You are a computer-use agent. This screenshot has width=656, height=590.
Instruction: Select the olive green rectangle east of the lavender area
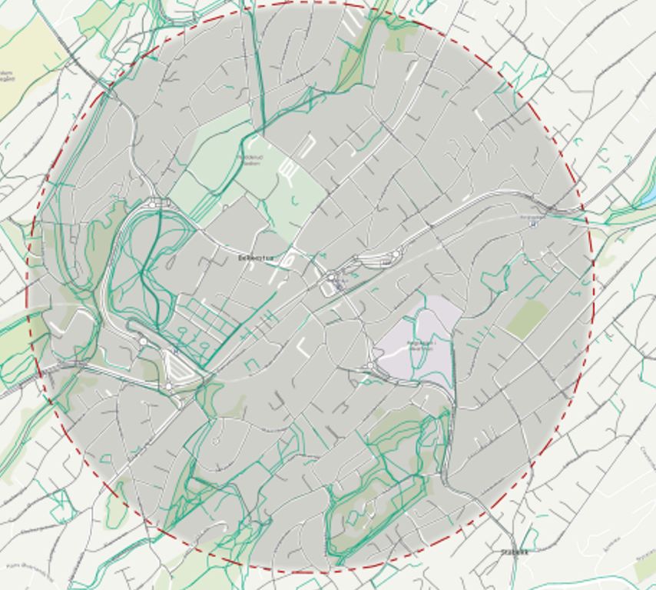tap(527, 318)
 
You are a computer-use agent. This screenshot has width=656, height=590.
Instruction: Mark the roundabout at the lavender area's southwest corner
tap(371, 366)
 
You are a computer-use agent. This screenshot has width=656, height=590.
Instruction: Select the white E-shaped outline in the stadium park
tap(288, 172)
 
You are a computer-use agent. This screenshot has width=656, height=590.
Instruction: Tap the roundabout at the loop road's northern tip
tap(160, 203)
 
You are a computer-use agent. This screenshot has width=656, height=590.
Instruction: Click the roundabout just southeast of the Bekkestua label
tap(331, 276)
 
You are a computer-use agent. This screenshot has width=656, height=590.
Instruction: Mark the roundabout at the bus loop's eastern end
tap(396, 255)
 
